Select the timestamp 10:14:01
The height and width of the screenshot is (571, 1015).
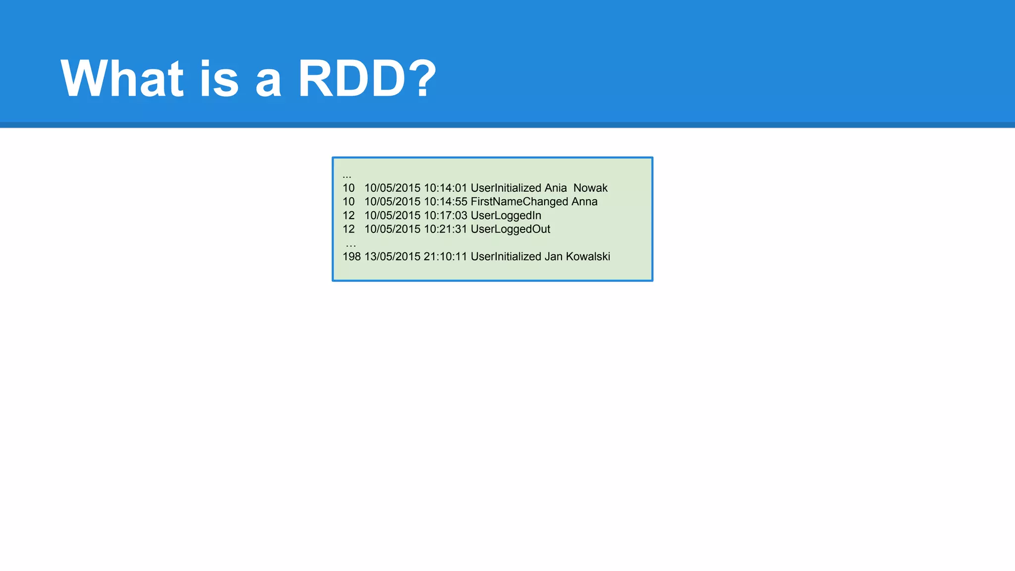[446, 188]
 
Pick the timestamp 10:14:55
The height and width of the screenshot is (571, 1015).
[446, 202]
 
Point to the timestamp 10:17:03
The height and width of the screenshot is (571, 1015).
[446, 216]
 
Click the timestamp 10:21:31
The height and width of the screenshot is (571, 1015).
[446, 229]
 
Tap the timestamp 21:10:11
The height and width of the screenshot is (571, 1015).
[446, 257]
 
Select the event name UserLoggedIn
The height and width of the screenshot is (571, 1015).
[506, 216]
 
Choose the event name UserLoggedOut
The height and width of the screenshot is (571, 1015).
[510, 229]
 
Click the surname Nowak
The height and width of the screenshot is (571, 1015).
[590, 188]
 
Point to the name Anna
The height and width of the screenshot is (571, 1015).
[584, 202]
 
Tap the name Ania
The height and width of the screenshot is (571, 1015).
[556, 188]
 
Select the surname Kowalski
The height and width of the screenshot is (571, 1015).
[588, 257]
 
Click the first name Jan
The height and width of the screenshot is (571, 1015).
[554, 257]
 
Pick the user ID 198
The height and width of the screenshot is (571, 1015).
[351, 257]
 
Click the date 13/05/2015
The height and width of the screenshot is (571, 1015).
[392, 257]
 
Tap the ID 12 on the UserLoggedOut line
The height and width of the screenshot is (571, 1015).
[348, 229]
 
